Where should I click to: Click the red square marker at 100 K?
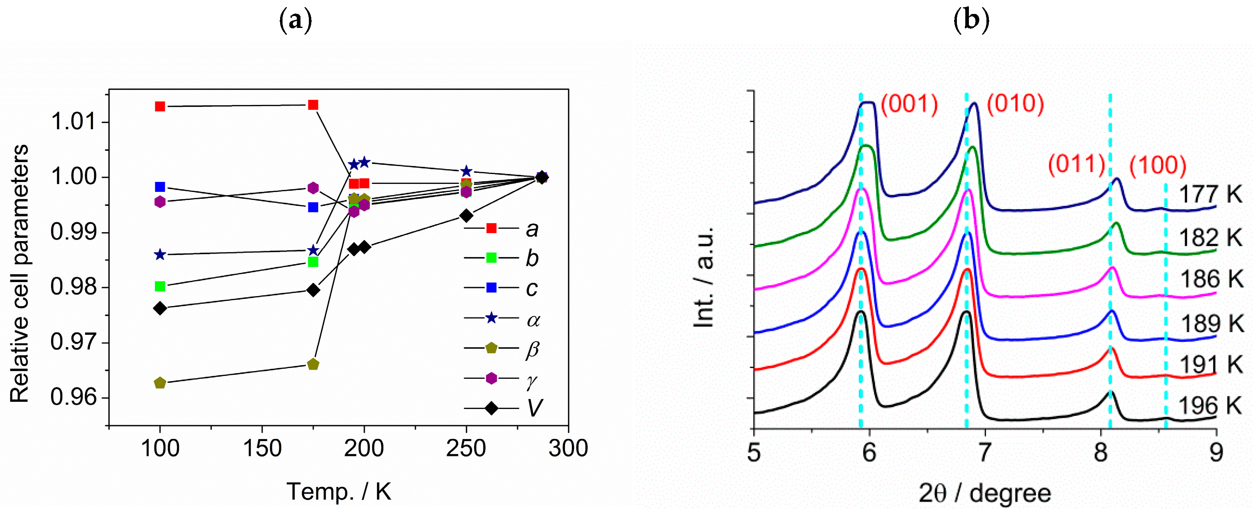tap(160, 107)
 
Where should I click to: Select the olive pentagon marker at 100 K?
tap(160, 383)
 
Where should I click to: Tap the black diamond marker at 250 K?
tap(466, 215)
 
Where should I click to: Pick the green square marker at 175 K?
tap(313, 262)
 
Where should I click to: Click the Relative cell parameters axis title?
tap(20, 273)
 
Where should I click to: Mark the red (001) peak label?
tap(909, 104)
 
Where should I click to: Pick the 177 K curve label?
tap(1210, 194)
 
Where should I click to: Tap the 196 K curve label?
tap(1210, 405)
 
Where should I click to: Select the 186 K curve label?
tap(1211, 280)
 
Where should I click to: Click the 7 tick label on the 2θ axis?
tap(984, 453)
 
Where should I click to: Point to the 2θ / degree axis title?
tap(984, 494)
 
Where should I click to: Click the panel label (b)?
tap(971, 20)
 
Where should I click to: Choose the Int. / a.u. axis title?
tap(704, 277)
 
